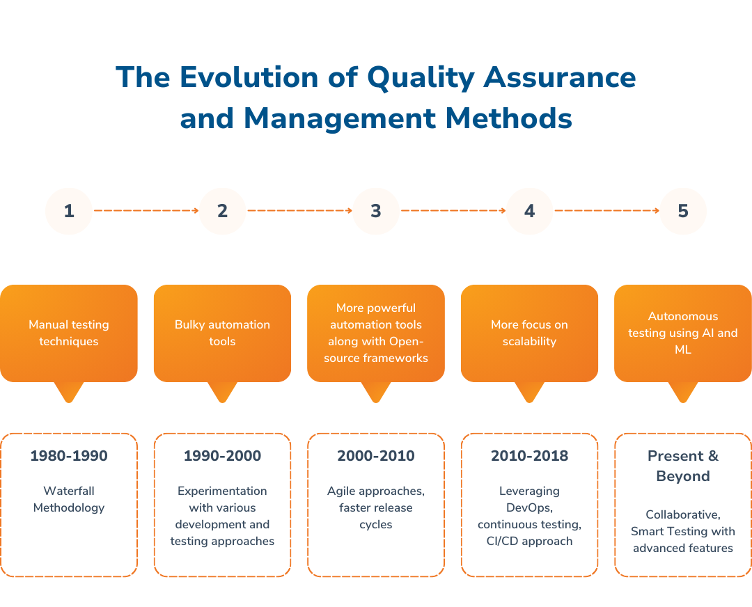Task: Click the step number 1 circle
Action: point(69,211)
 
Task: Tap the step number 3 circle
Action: point(376,211)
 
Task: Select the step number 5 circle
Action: point(682,211)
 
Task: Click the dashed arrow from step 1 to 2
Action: point(146,210)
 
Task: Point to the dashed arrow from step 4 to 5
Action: point(606,210)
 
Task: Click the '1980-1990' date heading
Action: point(69,456)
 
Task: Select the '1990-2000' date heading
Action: point(222,456)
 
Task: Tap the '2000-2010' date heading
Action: point(376,456)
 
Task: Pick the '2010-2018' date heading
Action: point(529,456)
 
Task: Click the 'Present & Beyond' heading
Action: point(682,466)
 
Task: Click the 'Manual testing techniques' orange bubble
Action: point(69,333)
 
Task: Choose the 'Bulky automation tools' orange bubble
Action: point(222,333)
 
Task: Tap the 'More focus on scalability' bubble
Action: point(529,333)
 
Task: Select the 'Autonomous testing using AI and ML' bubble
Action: point(682,333)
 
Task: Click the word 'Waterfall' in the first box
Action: point(69,491)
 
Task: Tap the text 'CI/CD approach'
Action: point(529,541)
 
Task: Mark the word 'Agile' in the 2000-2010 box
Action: point(342,491)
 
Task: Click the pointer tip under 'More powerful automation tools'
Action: point(376,397)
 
